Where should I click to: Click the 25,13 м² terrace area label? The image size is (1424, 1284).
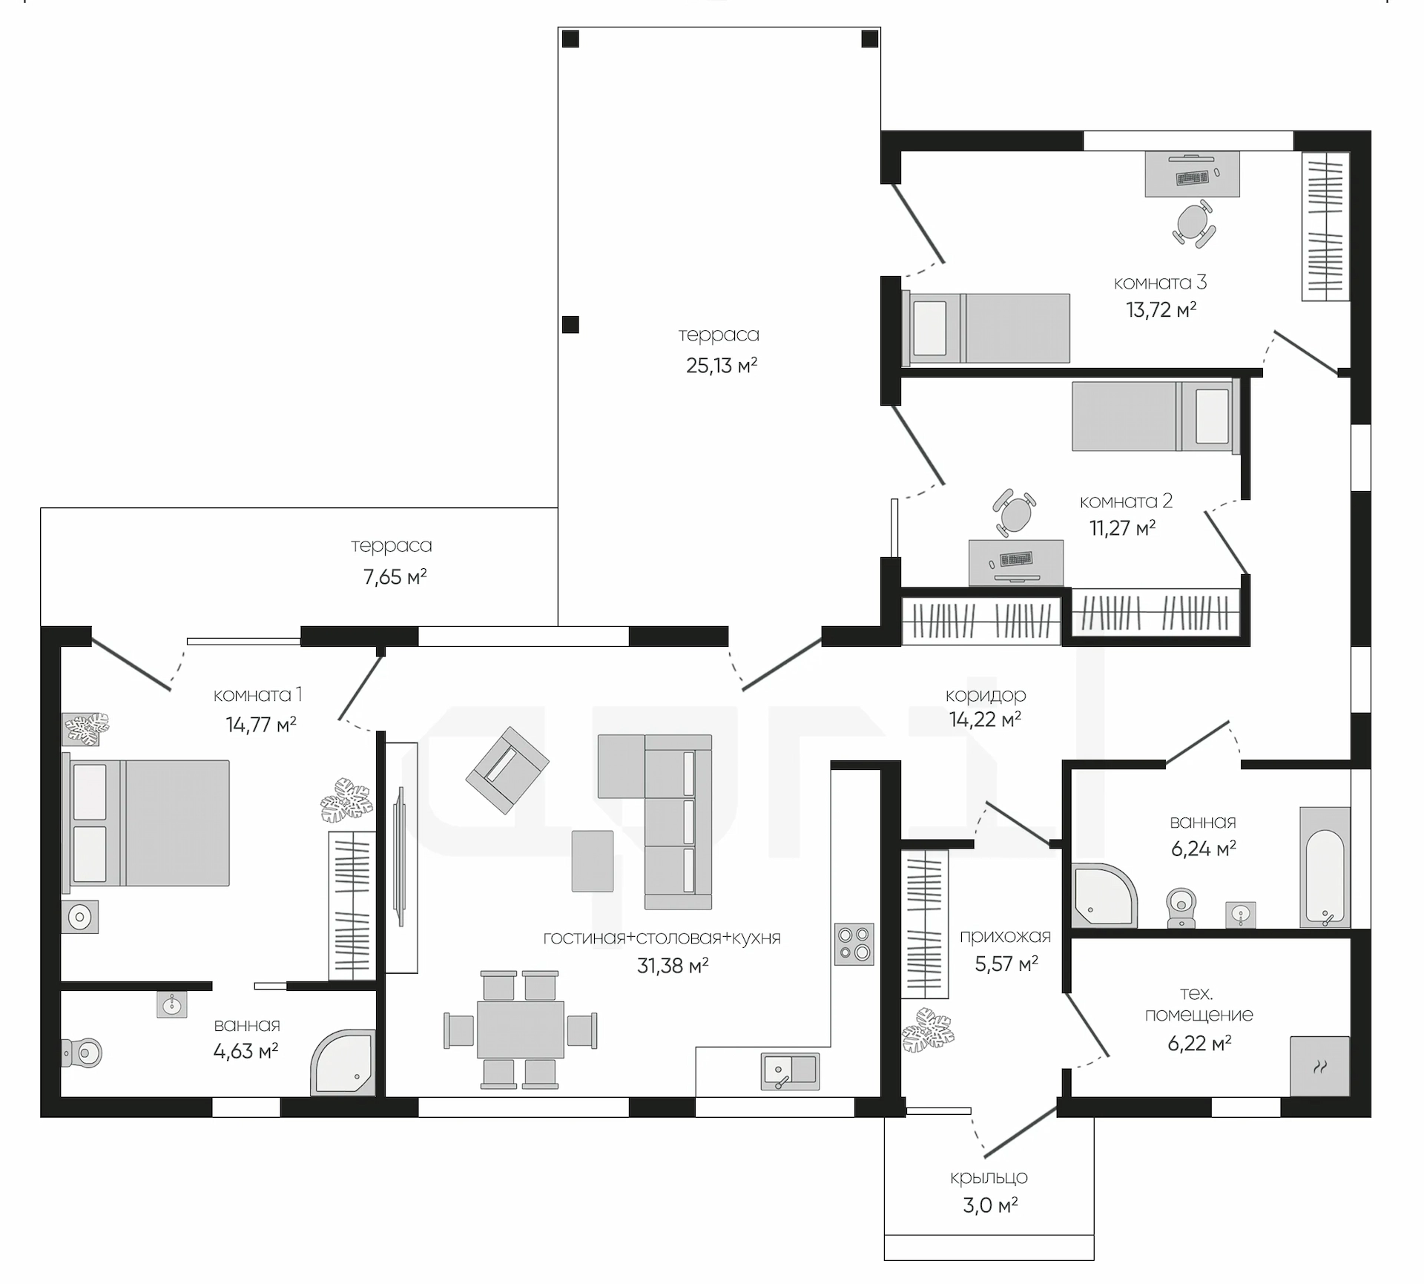722,365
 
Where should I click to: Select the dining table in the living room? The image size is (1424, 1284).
521,1030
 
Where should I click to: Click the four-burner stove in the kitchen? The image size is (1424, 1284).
854,944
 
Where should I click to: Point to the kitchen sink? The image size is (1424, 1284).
791,1071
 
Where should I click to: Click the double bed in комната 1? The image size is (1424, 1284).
145,822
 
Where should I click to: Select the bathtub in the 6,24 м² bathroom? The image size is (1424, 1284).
1325,867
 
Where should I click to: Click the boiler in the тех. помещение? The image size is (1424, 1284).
1320,1066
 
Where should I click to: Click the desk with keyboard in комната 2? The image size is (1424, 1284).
1016,562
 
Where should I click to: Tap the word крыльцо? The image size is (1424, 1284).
989,1177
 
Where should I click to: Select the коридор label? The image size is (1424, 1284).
986,695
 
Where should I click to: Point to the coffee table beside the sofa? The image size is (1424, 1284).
593,860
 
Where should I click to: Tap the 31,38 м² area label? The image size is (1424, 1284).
673,965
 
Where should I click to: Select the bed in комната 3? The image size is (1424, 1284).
986,328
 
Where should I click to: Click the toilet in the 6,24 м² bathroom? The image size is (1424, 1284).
1181,907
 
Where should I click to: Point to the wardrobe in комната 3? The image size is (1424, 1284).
1325,226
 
